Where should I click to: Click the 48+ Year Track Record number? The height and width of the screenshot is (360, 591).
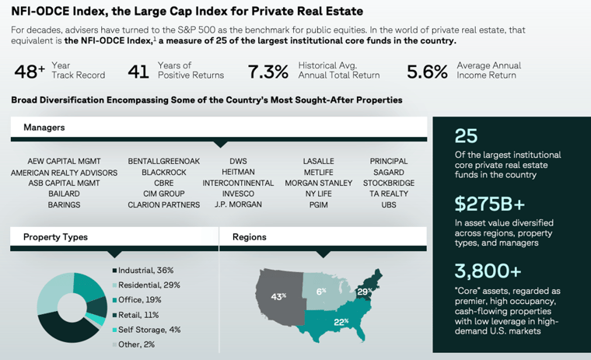coord(30,72)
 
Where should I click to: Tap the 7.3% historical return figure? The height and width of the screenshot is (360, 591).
coord(268,72)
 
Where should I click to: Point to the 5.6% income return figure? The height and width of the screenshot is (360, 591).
coord(427,72)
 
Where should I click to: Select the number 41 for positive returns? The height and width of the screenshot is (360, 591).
coord(138,72)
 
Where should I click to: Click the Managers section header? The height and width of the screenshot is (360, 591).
coord(44,127)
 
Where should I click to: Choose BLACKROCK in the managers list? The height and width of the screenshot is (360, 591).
coord(163,173)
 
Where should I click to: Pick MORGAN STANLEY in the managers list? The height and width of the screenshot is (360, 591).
coord(318,183)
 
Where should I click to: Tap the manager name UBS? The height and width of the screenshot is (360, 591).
coord(389,205)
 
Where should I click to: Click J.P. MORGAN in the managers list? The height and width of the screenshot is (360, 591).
coord(238,205)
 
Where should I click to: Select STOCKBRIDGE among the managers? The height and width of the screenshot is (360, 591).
coord(389,183)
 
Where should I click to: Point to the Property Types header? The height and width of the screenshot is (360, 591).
coord(55,237)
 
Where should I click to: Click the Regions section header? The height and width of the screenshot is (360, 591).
coord(249,237)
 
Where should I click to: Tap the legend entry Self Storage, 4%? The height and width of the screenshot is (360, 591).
coord(150,330)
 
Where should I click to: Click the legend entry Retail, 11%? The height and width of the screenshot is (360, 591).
coord(140,315)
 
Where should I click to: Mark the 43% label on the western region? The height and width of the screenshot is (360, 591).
coord(278,296)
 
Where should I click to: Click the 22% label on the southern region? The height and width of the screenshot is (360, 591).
coord(341,322)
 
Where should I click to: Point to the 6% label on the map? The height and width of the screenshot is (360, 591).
coord(321,291)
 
